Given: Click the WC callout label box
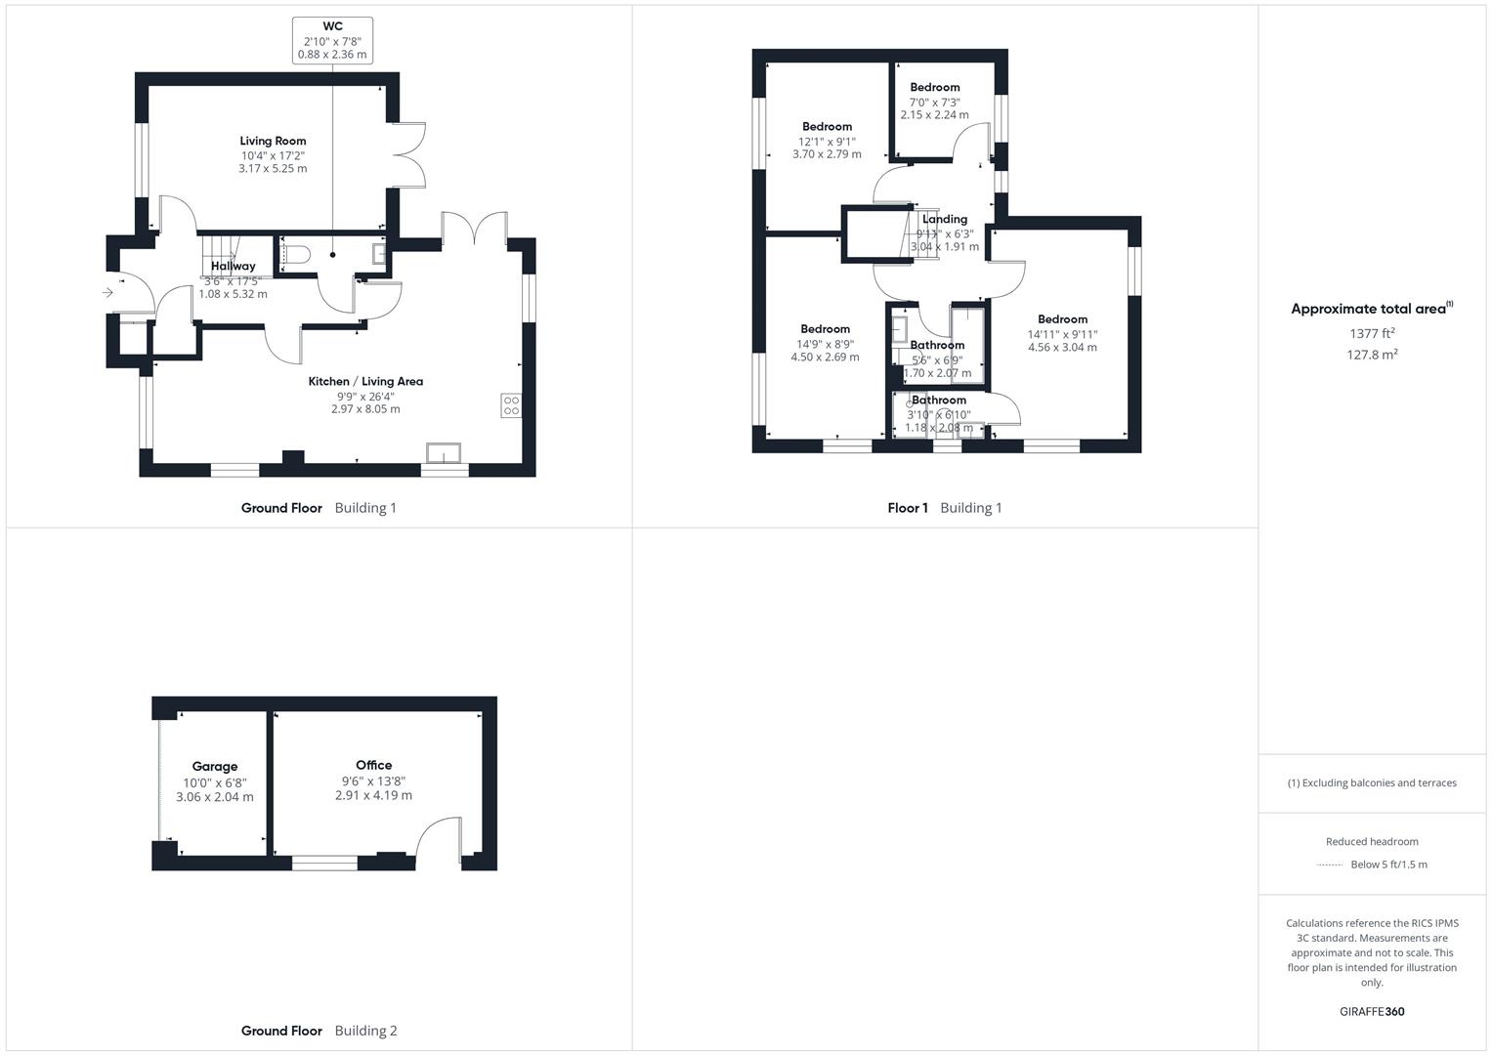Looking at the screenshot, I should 332,40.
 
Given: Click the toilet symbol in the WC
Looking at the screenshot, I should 295,256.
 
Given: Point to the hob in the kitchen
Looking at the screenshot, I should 511,404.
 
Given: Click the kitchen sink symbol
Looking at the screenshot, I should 444,453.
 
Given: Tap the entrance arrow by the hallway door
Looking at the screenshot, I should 107,292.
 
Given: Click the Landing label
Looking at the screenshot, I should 945,219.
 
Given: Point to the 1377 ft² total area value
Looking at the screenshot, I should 1372,333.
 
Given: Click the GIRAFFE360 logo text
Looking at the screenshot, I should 1372,1011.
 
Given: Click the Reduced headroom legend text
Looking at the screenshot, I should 1372,841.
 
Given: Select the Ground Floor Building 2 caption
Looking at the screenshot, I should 319,1031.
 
